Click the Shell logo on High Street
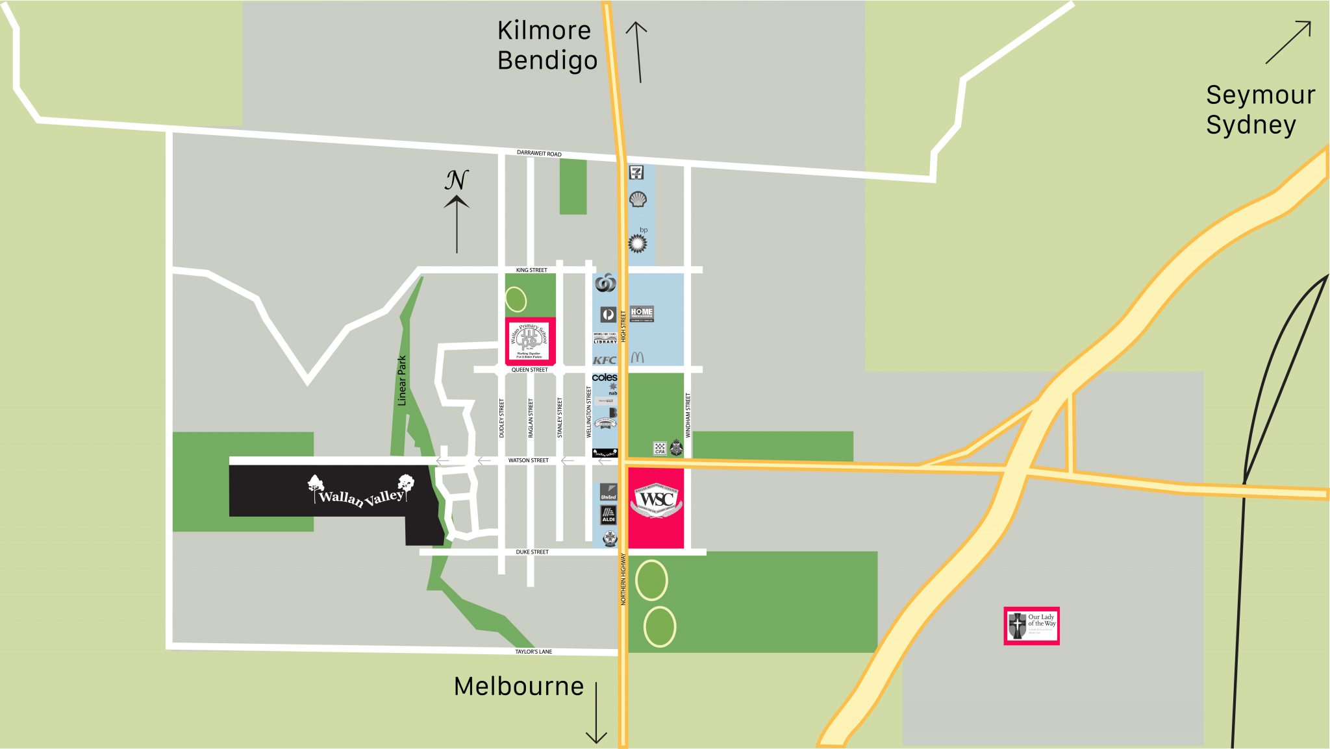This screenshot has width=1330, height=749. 638,199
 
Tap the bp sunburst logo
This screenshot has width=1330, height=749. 638,243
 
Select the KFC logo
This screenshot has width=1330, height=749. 605,360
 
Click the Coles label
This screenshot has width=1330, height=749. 605,377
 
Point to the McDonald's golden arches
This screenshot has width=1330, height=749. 637,358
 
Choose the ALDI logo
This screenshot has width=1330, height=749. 609,514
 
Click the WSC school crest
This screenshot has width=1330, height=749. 656,500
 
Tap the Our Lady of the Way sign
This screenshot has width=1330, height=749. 1031,626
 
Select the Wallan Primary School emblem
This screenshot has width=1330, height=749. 530,341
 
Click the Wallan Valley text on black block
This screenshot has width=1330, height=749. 361,497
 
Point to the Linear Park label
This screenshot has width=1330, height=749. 402,380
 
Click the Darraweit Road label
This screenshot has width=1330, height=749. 539,153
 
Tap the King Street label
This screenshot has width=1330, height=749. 531,270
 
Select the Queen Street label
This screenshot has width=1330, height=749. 529,370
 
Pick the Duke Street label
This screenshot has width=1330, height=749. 532,552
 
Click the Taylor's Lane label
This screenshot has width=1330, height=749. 533,652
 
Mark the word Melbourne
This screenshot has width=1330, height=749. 519,687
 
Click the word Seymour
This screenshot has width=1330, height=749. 1261,95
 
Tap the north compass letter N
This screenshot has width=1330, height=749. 457,180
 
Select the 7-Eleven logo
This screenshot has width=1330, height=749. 636,172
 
